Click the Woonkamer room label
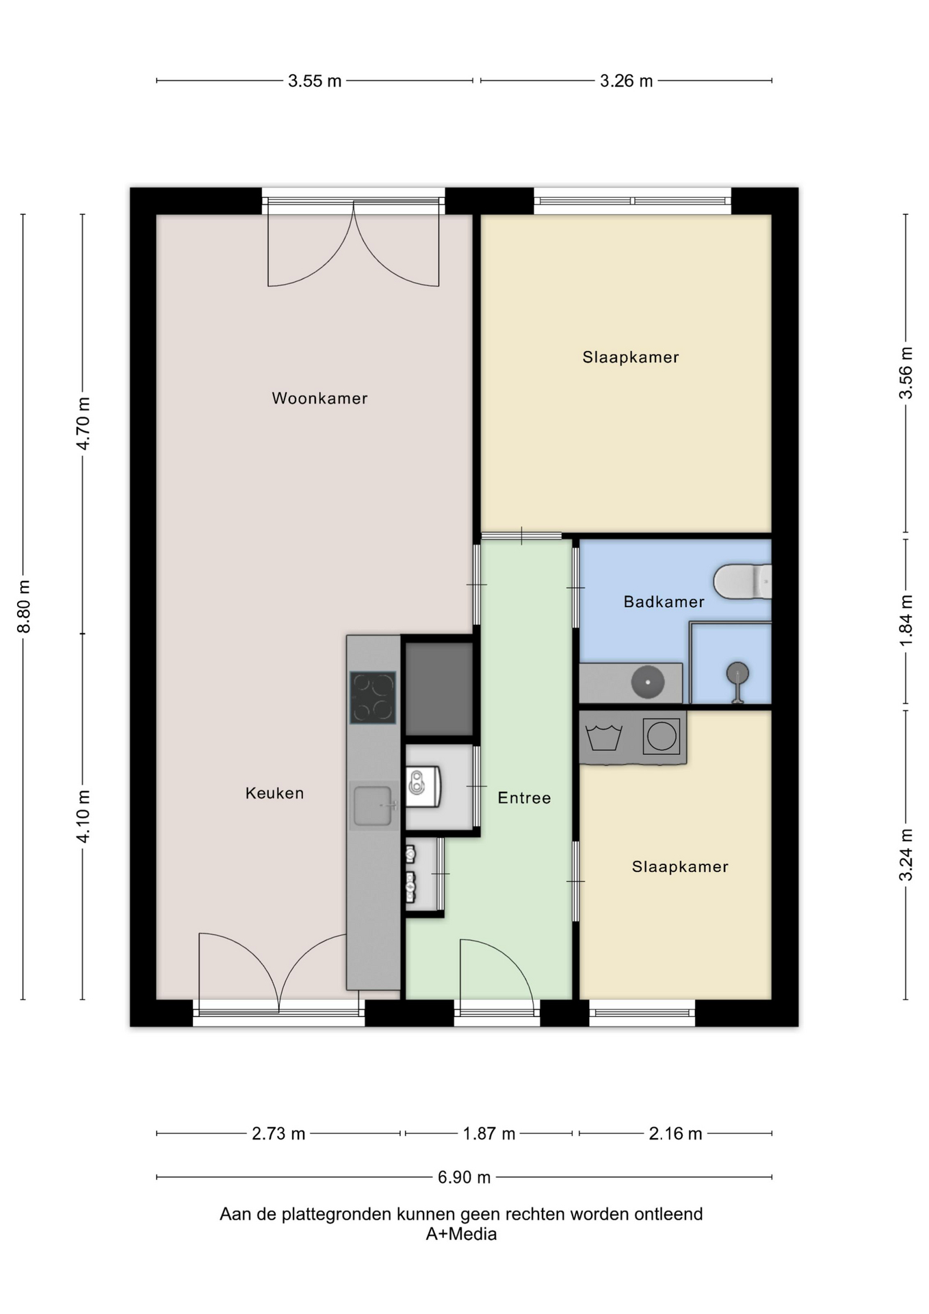click(319, 398)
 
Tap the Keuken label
click(274, 793)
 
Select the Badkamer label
click(664, 602)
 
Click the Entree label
click(524, 798)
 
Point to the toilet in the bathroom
click(742, 582)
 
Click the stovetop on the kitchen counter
click(373, 697)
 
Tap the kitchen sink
click(374, 806)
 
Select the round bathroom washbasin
click(647, 682)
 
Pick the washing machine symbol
click(662, 736)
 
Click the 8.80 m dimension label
click(24, 606)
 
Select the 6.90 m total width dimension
click(464, 1177)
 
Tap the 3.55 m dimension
click(315, 81)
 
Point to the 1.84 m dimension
click(906, 620)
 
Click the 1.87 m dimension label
click(488, 1133)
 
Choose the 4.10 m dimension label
click(83, 816)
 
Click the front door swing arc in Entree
click(513, 959)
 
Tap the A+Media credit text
click(461, 1234)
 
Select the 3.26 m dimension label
click(627, 81)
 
